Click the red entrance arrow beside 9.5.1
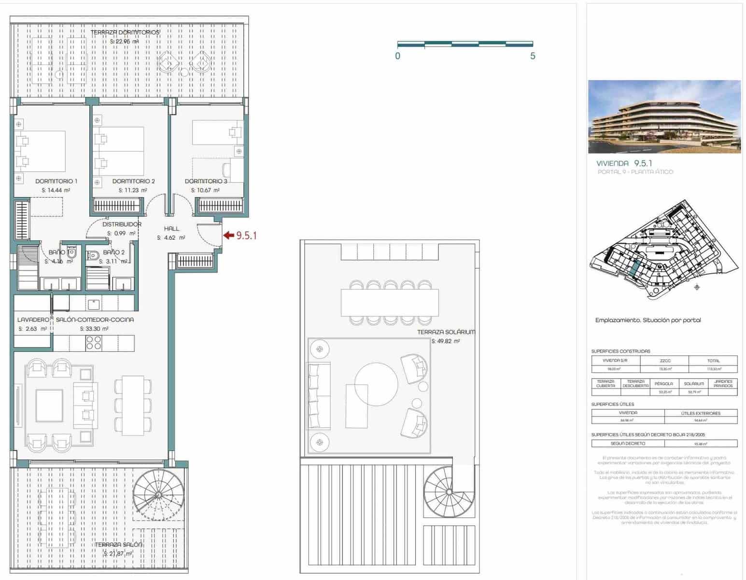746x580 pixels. pos(228,236)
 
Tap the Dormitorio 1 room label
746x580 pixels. pos(56,181)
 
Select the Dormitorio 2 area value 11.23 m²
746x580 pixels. pos(133,190)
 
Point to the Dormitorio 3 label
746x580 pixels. pos(206,181)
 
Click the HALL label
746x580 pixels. pos(171,229)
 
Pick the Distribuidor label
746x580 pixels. pos(122,224)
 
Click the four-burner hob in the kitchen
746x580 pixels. pos(94,343)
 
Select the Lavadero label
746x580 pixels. pos(33,319)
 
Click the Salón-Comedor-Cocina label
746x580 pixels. pos(95,319)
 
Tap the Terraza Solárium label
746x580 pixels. pos(446,332)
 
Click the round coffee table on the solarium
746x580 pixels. pos(376,385)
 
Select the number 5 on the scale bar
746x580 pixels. pos(533,56)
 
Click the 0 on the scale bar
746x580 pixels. pos(397,56)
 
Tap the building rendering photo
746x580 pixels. pos(664,116)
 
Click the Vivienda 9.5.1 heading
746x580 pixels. pos(624,163)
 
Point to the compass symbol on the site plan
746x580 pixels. pos(696,288)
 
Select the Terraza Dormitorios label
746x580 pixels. pos(125,32)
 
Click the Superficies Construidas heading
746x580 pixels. pos(620,351)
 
